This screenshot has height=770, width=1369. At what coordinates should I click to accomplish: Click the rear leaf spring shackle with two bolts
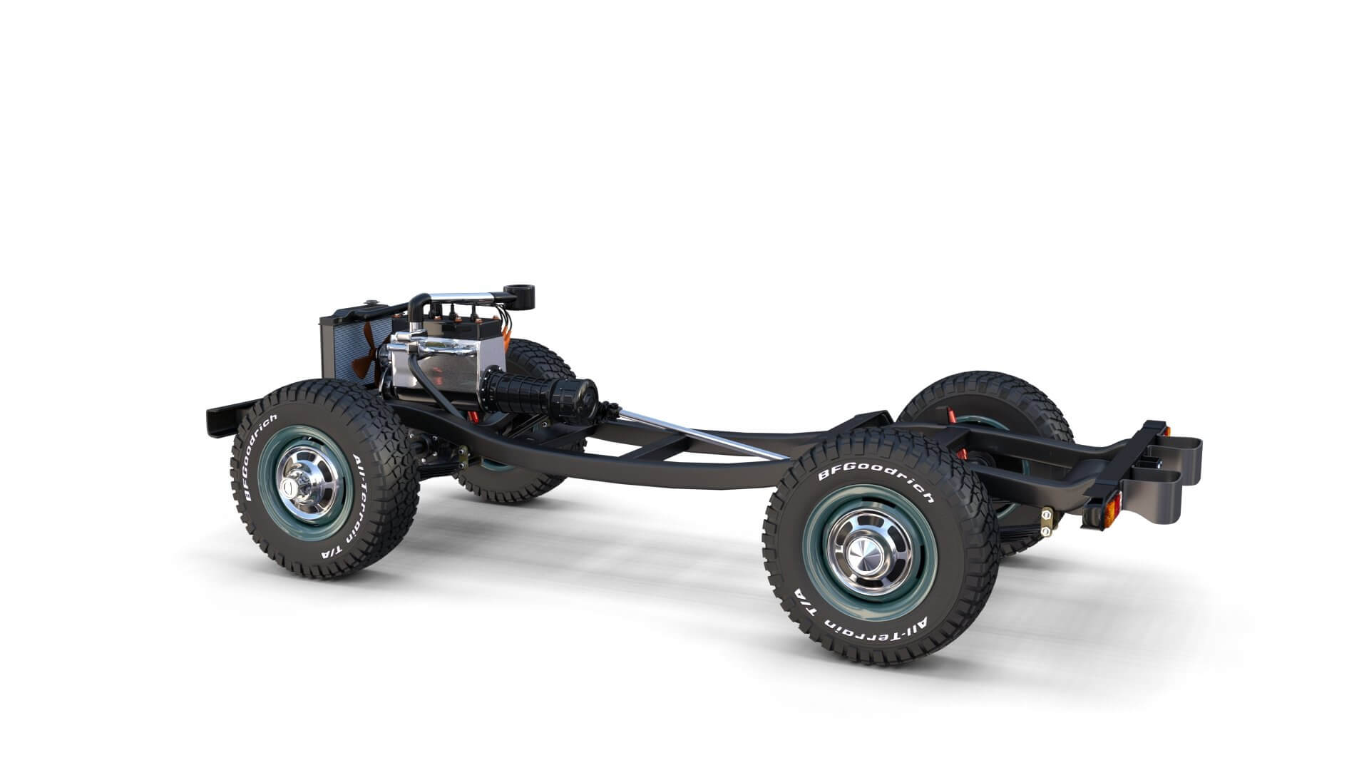pos(1046,520)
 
